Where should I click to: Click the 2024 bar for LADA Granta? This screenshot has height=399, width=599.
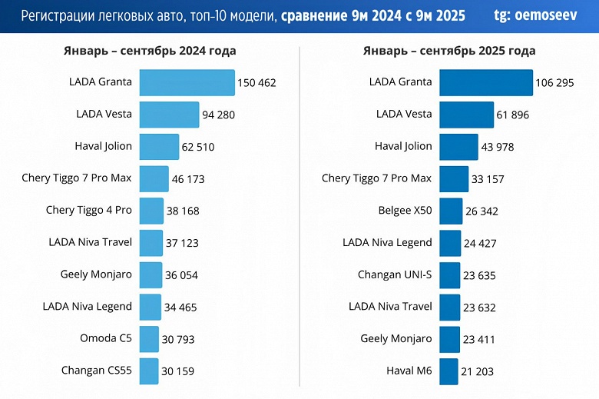point(187,82)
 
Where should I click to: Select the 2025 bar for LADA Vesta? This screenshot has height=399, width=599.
point(466,115)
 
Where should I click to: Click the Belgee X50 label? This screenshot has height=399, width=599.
point(405,210)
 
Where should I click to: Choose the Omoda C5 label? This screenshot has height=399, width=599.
point(106,338)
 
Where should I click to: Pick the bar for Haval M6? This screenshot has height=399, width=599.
point(448,371)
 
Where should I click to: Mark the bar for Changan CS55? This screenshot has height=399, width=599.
point(149,371)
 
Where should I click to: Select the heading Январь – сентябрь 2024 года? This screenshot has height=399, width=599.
point(150,51)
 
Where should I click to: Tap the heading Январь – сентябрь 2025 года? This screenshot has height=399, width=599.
point(449,51)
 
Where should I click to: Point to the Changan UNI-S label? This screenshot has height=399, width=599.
point(395,274)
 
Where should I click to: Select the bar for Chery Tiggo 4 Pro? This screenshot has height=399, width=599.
point(151,211)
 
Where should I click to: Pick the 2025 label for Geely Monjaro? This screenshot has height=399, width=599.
point(396,338)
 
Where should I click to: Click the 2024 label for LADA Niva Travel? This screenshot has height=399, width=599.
point(91,242)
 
